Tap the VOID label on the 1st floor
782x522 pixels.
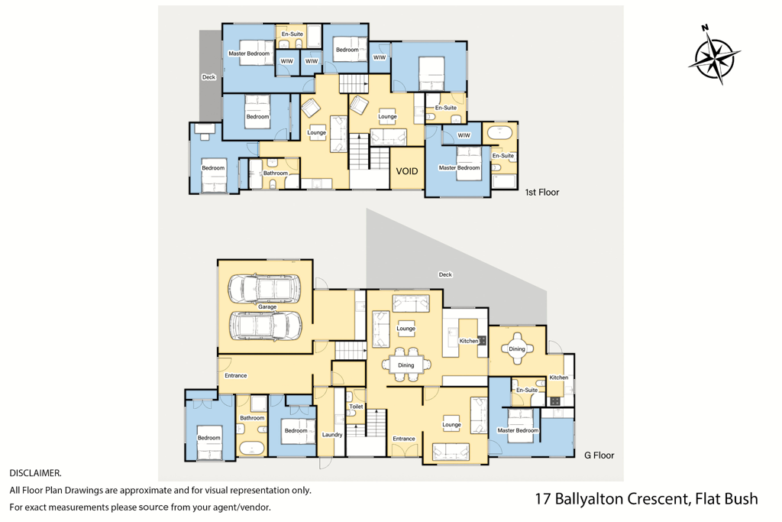pos(407,171)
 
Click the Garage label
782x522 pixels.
pos(267,307)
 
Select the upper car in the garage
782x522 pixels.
pos(265,288)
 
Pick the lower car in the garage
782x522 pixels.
pos(265,326)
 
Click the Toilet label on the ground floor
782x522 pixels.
pos(356,407)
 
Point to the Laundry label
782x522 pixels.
pos(332,435)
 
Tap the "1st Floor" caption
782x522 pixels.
pos(542,192)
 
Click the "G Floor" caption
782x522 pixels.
pos(599,456)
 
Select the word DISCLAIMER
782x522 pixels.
pos(35,473)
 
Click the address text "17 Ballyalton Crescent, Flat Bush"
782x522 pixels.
pos(646,498)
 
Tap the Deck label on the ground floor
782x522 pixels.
pos(445,274)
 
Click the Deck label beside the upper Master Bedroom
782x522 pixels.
pos(208,77)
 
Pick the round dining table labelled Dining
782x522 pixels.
pos(517,349)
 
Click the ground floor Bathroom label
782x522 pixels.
pos(252,418)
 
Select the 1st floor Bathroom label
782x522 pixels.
pos(276,173)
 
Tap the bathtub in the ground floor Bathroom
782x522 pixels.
pos(252,448)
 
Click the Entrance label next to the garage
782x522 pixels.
pos(236,376)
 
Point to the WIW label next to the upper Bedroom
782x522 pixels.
pos(380,57)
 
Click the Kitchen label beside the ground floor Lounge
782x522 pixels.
pos(469,341)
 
